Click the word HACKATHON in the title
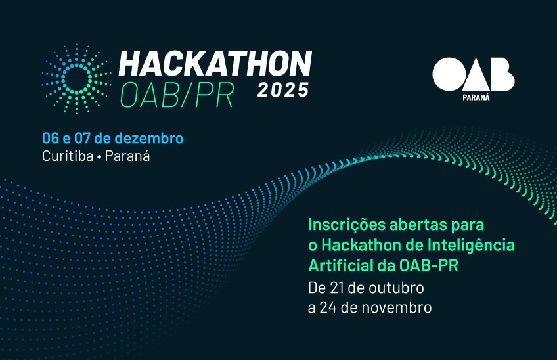(x=215, y=63)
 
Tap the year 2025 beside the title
(x=283, y=90)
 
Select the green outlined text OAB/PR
(x=177, y=95)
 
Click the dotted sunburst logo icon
(x=76, y=79)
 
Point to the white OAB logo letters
(x=473, y=74)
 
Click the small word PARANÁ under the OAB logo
(x=476, y=97)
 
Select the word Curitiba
(x=68, y=156)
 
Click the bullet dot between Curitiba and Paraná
(x=99, y=157)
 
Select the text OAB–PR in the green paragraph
(x=429, y=265)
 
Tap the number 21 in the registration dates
(x=337, y=288)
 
